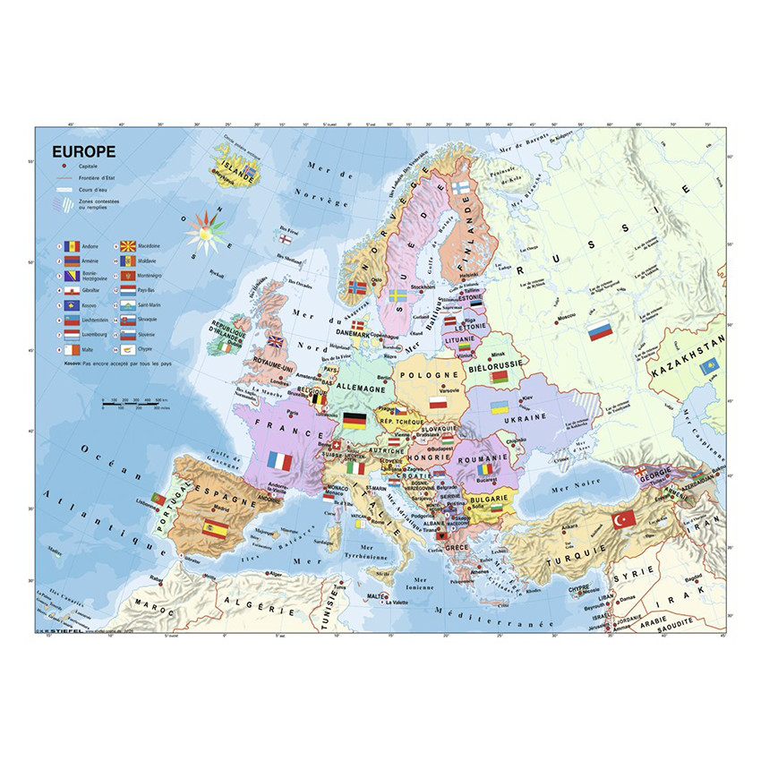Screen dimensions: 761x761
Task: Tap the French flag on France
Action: click(280, 462)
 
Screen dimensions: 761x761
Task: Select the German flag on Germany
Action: click(354, 420)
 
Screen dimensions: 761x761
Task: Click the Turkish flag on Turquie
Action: click(622, 518)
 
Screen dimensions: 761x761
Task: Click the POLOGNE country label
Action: click(428, 376)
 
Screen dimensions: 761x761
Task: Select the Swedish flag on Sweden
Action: click(398, 294)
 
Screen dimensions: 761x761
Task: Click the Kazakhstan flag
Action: click(710, 367)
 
